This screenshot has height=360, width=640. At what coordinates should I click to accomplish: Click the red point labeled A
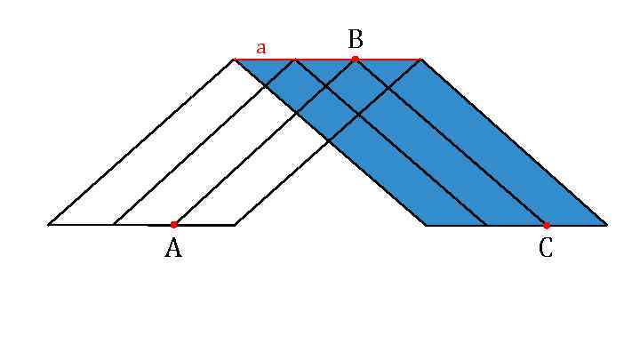click(173, 225)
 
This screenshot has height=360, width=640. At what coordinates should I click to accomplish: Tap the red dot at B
click(355, 60)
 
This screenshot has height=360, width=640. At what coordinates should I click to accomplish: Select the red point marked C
click(546, 225)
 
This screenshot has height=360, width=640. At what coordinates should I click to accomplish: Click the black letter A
click(173, 250)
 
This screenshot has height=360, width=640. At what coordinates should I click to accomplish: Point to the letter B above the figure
click(356, 39)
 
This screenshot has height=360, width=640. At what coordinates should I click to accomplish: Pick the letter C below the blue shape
click(546, 250)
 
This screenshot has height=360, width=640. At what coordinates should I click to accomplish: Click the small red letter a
click(260, 48)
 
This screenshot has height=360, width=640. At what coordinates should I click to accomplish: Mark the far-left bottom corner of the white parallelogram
click(48, 225)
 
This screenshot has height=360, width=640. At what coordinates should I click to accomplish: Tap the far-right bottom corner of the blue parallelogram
click(607, 225)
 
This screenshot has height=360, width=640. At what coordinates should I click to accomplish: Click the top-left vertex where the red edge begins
click(234, 60)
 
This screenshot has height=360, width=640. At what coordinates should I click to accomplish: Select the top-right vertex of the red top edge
click(420, 60)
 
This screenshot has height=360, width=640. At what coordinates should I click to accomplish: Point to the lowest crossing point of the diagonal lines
click(327, 141)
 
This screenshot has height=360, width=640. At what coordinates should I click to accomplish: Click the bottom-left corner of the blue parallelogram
click(426, 225)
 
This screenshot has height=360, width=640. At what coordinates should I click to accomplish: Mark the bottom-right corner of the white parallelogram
click(234, 225)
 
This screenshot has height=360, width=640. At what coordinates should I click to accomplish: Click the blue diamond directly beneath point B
click(356, 86)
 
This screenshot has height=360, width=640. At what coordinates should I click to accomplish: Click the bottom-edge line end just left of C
click(486, 225)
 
